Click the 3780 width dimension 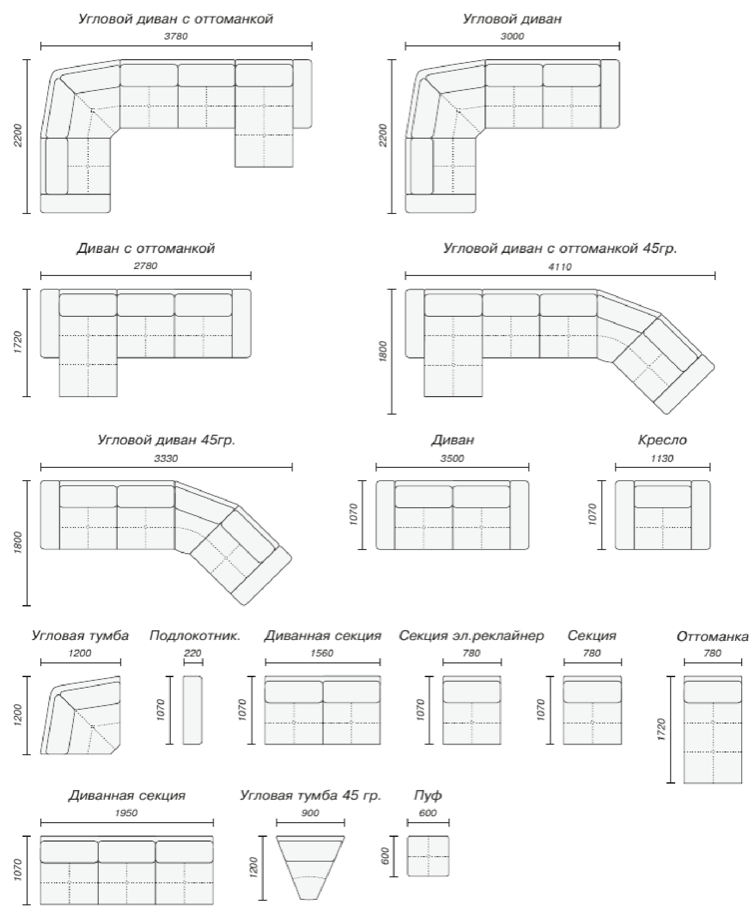coord(176,36)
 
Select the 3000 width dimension coord(512,36)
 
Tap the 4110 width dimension coord(560,267)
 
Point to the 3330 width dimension coord(166,458)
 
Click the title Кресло coord(662,440)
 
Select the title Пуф coord(428,796)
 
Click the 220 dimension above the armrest coord(193,653)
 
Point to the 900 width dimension coord(310,813)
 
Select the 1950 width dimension coord(126,813)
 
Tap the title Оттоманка coord(712,637)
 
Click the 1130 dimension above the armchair coord(662,458)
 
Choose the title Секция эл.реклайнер coord(471,636)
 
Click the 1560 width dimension coord(322,653)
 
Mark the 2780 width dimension coord(146,266)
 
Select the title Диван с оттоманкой coord(146,248)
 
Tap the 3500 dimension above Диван coord(452,458)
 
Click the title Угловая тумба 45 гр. coord(310,796)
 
